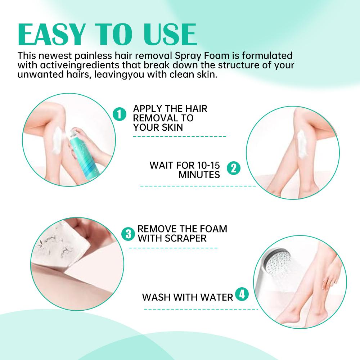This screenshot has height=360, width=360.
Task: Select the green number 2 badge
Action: tap(233, 168)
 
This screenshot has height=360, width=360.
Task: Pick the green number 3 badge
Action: tap(127, 234)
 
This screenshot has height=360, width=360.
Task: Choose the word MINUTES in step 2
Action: tap(199, 175)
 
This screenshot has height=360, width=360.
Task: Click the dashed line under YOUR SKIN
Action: tap(180, 136)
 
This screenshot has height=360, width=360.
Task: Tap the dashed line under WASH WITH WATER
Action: tap(201, 309)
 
